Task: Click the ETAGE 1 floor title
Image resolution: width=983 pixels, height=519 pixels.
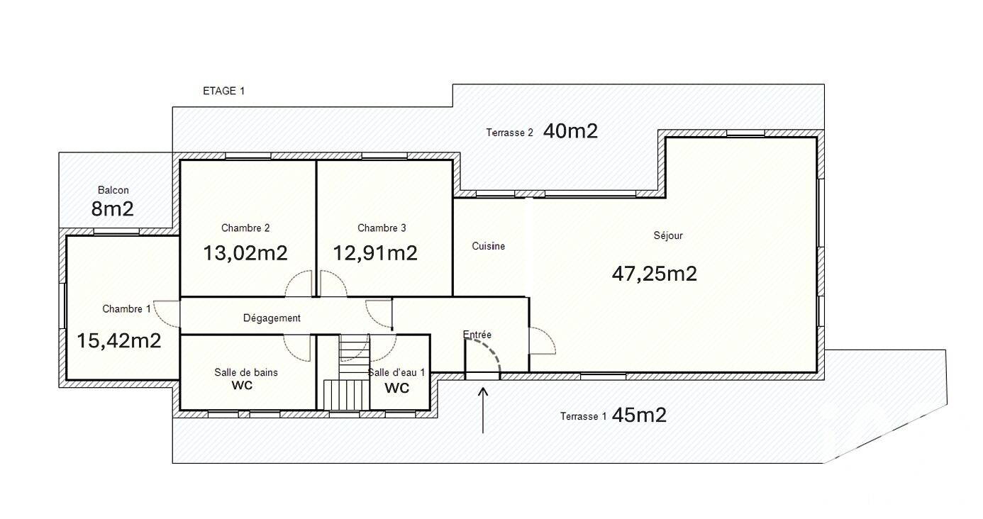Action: [x=223, y=91]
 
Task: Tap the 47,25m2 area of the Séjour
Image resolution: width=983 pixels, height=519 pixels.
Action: [x=655, y=273]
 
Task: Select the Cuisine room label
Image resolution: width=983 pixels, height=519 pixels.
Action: [x=488, y=246]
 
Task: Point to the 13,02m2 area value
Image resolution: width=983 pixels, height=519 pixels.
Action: [x=245, y=253]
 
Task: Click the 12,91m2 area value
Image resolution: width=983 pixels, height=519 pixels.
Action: [x=375, y=253]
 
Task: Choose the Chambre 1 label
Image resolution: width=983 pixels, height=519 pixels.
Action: [x=126, y=309]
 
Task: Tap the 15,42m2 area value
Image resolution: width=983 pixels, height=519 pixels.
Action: [x=119, y=341]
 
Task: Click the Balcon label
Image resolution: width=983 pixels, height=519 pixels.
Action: [x=113, y=190]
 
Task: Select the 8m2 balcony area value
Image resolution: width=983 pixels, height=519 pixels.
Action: [x=112, y=209]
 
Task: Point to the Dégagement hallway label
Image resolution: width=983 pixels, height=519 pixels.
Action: [x=272, y=318]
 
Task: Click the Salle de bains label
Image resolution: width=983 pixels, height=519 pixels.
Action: [x=245, y=372]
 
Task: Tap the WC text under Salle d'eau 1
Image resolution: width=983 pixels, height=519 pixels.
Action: [x=396, y=388]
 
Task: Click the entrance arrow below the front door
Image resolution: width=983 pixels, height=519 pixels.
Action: [x=483, y=411]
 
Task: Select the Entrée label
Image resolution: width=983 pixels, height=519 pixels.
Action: [x=477, y=334]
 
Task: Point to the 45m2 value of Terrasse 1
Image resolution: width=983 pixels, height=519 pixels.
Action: [x=639, y=415]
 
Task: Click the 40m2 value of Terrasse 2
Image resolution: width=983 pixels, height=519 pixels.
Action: [x=570, y=131]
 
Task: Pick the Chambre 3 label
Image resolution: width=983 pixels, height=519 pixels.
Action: [x=382, y=228]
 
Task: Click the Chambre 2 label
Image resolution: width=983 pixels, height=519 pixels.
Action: [x=245, y=228]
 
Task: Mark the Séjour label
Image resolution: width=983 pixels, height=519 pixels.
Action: [x=668, y=235]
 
